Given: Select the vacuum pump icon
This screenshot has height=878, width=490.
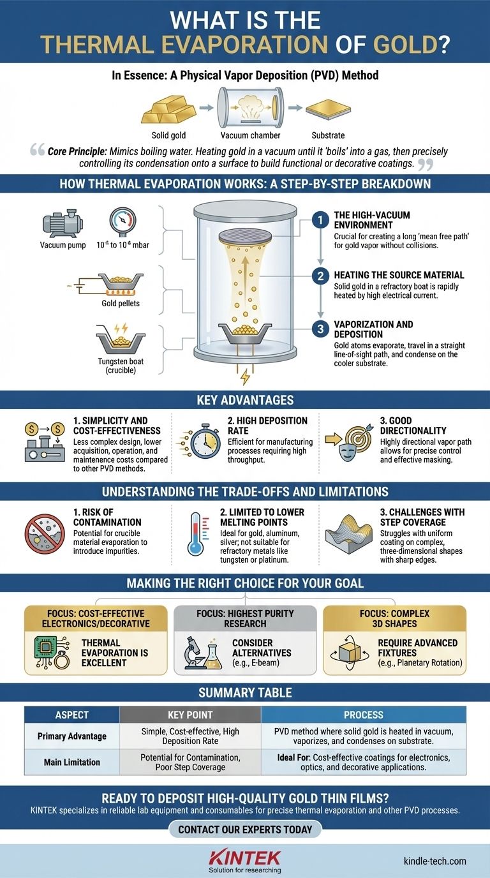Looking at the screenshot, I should pos(62,225).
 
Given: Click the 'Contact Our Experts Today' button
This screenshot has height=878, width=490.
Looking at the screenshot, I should pos(245,830).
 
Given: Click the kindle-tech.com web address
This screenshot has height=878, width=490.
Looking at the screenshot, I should pos(434,861).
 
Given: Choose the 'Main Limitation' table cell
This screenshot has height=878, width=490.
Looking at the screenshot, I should pos(71,762).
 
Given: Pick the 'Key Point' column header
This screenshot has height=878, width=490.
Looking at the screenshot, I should pos(190,715).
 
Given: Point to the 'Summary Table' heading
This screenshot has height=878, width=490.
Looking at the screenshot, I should pos(245,693).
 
